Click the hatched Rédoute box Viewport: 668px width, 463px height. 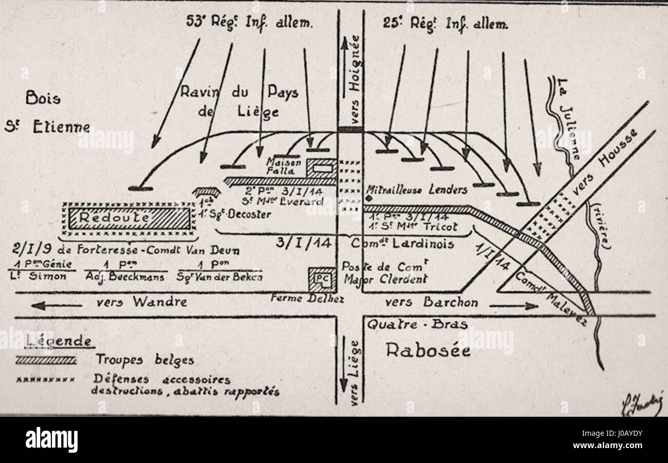[x=128, y=219]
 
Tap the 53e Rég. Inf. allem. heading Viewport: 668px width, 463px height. [x=250, y=22]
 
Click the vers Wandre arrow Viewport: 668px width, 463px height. [x=57, y=305]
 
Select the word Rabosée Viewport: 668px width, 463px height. [x=428, y=350]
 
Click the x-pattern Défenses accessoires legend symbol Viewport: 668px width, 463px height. [x=46, y=381]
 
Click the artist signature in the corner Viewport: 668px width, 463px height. [x=642, y=404]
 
